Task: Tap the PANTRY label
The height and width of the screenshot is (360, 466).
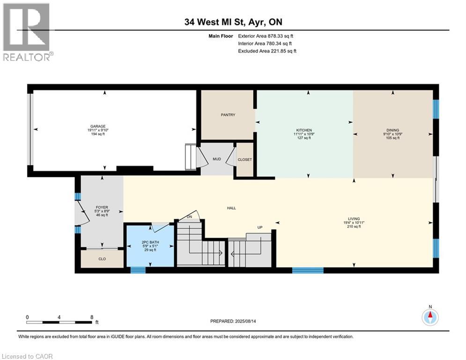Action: point(228,115)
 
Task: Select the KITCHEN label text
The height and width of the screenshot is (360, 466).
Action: point(304,130)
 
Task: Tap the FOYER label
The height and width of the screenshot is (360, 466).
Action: point(102,207)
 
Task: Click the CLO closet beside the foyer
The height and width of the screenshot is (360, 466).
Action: point(102,258)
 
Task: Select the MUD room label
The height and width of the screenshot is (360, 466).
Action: point(217,159)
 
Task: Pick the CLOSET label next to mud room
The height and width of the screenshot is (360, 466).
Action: point(244,160)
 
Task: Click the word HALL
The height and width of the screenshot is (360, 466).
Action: point(231,208)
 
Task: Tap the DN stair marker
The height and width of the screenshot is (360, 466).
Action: point(189,217)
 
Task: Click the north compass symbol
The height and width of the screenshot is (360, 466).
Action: point(429,317)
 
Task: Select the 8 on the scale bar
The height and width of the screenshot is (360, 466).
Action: point(91,317)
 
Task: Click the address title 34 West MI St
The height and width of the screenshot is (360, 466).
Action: point(233,22)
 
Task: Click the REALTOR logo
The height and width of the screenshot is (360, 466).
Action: point(27,32)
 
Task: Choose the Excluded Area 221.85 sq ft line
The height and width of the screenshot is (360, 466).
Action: point(267,51)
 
